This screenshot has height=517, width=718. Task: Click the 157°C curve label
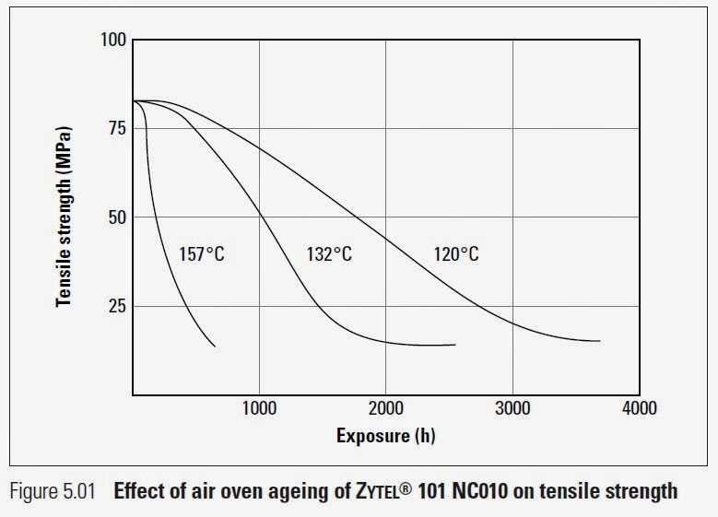coord(201,253)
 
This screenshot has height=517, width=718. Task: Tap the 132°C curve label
coord(329,253)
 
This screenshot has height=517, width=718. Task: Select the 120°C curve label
coord(456,253)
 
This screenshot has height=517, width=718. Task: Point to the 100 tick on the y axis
coord(112,41)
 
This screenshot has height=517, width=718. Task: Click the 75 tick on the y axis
coord(116,129)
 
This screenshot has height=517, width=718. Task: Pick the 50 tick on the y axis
coord(116,217)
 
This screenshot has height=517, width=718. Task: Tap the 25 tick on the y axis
coord(116,306)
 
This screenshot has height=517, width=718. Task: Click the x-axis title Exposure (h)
coord(385,436)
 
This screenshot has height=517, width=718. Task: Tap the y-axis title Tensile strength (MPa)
coord(64,217)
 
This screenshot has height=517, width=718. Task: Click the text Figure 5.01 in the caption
coord(53,491)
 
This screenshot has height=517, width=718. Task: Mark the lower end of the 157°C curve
coord(215,346)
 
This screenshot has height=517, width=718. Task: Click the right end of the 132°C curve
coord(455,345)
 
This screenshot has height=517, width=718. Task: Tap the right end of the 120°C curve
coord(600,341)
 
